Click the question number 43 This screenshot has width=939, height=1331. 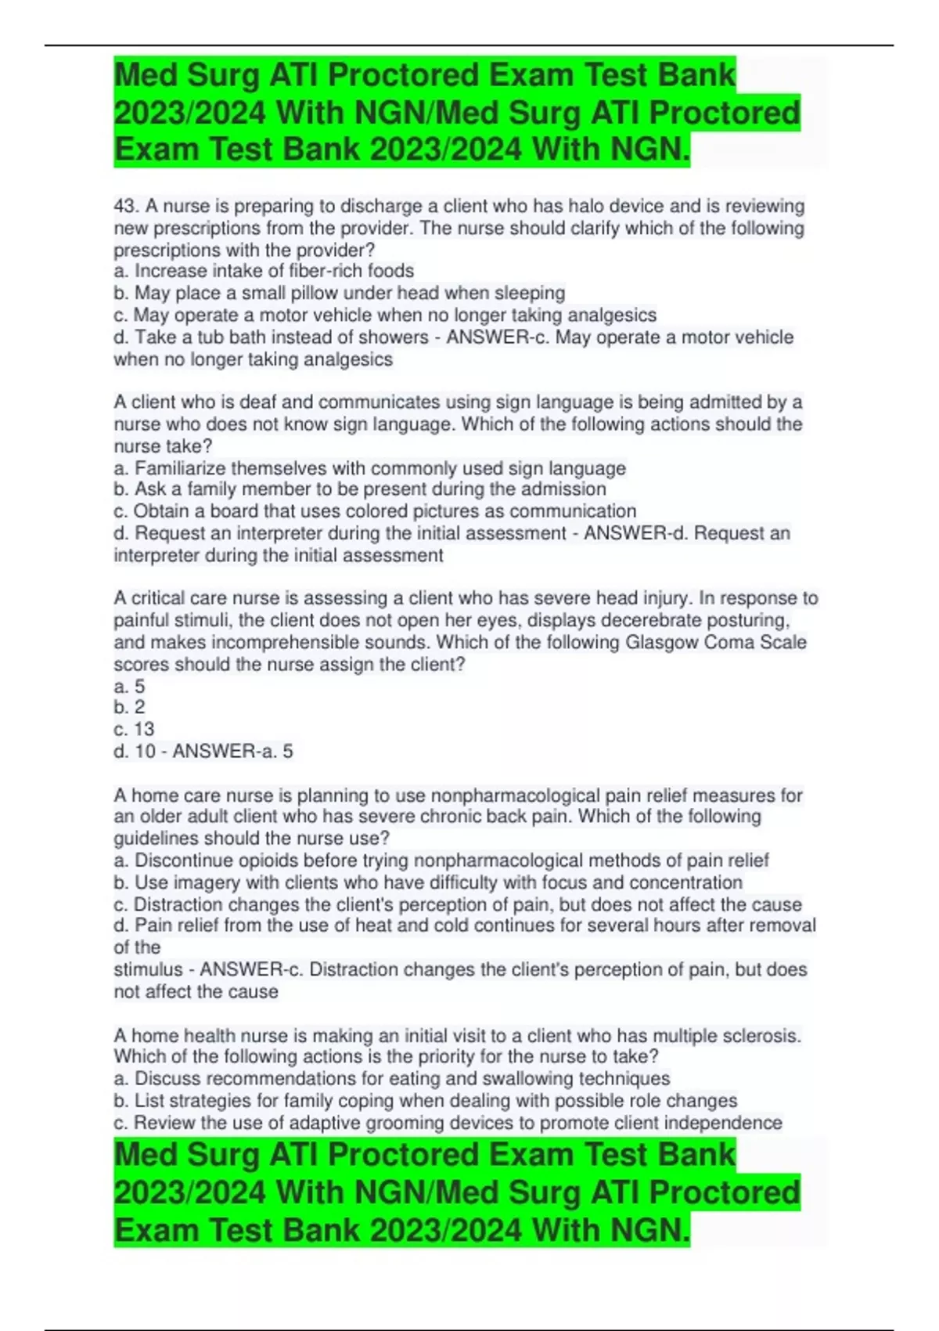(x=124, y=207)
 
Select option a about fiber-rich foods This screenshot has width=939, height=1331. (x=264, y=271)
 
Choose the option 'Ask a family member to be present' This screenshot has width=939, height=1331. (x=360, y=489)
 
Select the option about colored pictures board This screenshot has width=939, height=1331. (x=375, y=511)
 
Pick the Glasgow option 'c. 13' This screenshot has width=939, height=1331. (x=134, y=730)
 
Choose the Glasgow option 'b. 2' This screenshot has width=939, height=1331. (x=129, y=708)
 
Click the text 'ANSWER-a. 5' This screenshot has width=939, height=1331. (x=232, y=752)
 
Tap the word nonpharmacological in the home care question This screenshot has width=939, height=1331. (x=516, y=795)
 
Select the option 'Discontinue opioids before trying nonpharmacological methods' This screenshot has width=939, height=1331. (x=441, y=860)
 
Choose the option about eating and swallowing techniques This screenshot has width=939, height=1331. (x=391, y=1079)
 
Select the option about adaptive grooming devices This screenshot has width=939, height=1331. (x=448, y=1123)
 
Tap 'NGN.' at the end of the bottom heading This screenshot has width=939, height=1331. (x=650, y=1230)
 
